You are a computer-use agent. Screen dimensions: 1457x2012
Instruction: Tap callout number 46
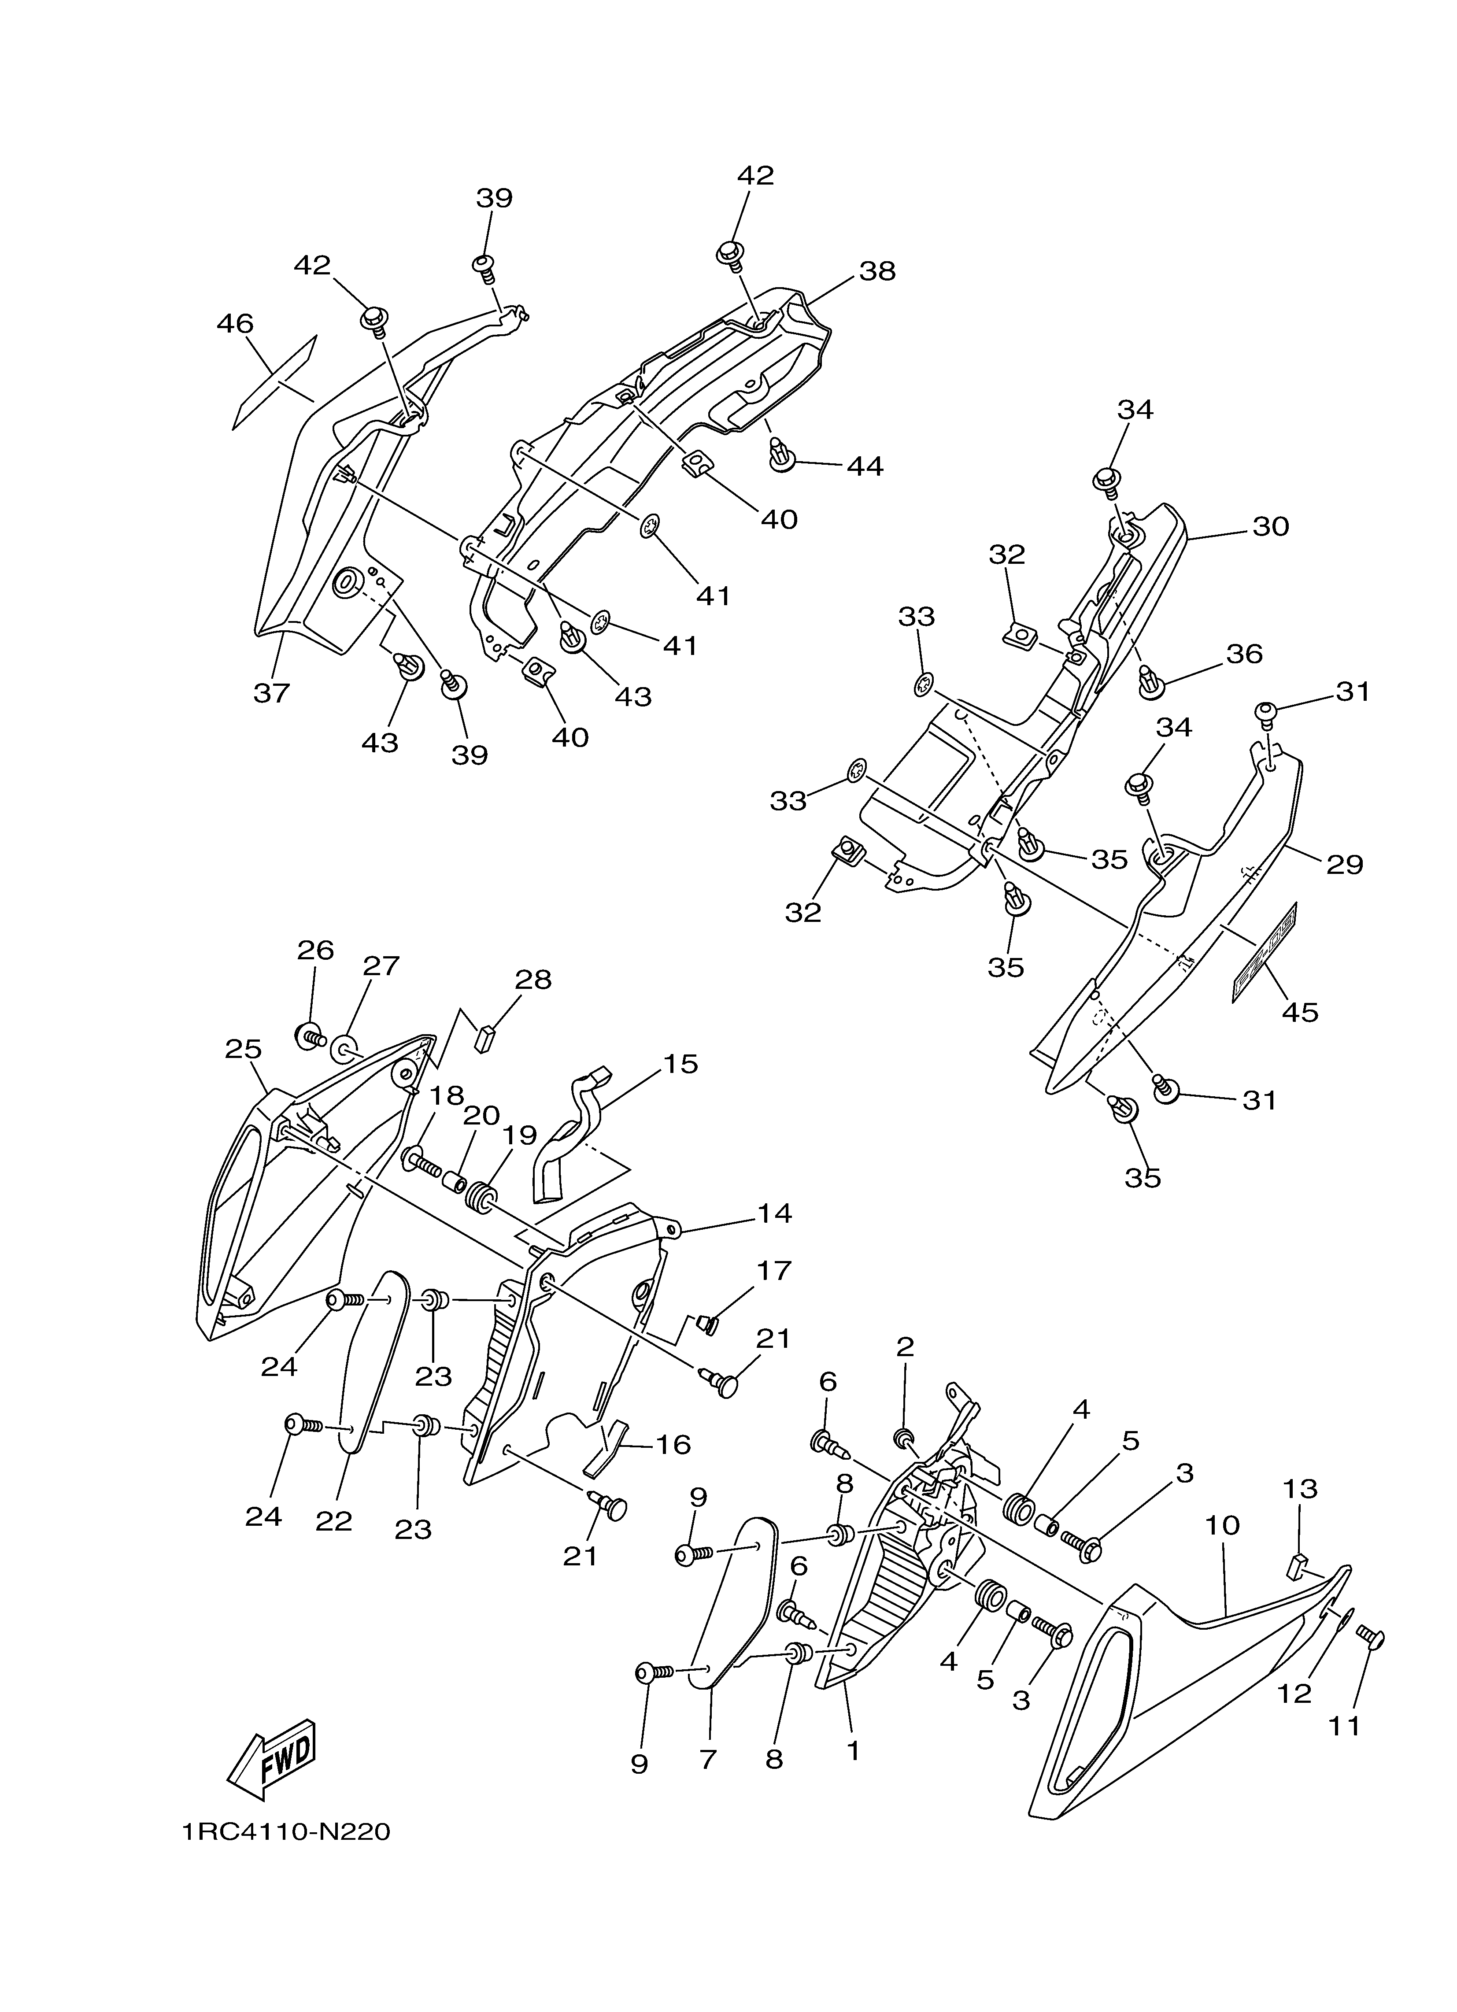[x=235, y=323]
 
